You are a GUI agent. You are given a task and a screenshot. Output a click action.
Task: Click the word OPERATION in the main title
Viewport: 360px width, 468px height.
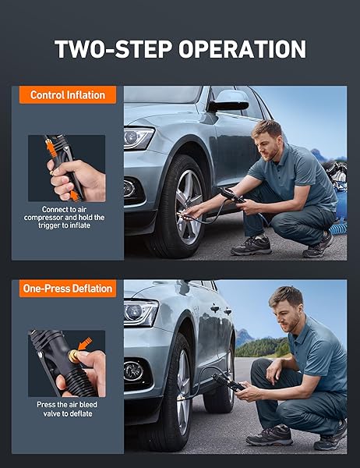point(242,48)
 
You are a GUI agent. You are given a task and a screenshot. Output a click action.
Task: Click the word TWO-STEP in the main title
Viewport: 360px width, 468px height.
point(114,48)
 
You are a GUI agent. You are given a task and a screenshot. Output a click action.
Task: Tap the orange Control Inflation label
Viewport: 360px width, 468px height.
point(68,95)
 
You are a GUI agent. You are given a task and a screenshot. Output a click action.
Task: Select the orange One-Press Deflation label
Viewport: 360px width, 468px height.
point(68,289)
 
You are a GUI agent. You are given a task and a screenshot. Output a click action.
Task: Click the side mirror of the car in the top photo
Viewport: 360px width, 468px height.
point(229,101)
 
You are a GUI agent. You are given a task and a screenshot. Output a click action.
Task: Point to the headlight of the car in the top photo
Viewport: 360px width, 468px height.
point(139,137)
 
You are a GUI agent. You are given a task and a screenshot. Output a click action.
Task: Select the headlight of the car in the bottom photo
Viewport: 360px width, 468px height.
point(141,313)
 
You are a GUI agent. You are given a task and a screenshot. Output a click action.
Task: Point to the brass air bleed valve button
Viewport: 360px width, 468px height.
point(73,356)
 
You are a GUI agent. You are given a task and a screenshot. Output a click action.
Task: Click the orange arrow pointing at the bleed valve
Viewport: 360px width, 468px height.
point(85,344)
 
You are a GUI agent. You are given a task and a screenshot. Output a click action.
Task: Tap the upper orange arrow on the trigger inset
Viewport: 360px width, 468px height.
point(51,147)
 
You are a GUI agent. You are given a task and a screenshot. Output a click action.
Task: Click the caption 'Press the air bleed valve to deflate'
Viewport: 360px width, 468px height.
point(67,409)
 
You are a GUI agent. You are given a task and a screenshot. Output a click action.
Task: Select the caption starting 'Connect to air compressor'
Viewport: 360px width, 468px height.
point(64,218)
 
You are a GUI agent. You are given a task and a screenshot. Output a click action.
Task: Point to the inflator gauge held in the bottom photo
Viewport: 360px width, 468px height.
point(228,382)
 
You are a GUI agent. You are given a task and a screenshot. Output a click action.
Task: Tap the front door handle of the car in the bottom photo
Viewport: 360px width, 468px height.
point(215,308)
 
